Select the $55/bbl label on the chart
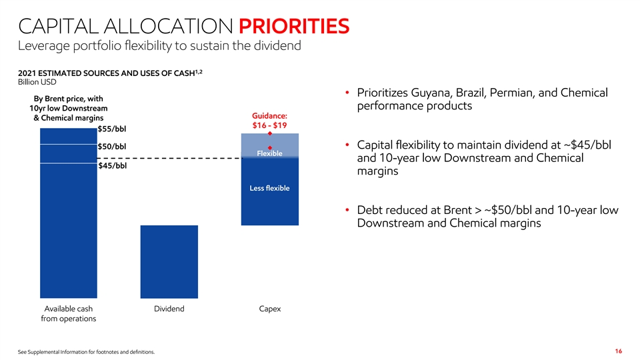[112, 129]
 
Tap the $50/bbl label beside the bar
[112, 147]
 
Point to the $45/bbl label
[112, 166]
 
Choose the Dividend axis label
[169, 309]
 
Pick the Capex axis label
[270, 309]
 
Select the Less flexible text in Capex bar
[269, 188]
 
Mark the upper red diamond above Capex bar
[270, 134]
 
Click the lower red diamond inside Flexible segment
[270, 147]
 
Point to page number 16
[619, 351]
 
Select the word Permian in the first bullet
[519, 93]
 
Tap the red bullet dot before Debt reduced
[348, 211]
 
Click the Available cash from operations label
[68, 314]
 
